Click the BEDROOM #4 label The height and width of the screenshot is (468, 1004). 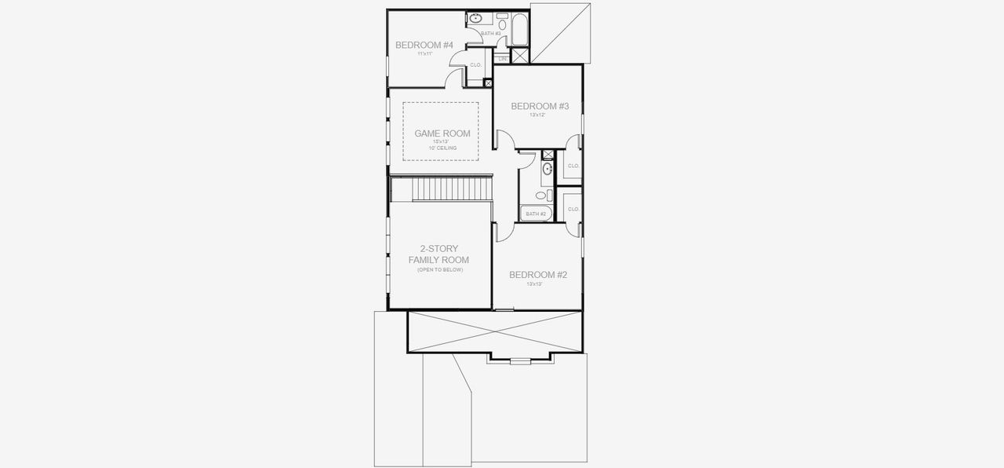(424, 45)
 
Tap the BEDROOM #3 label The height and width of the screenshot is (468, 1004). (540, 106)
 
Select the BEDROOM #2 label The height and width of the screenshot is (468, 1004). (538, 275)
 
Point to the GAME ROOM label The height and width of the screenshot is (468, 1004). (442, 133)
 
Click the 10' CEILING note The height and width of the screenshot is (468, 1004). (442, 148)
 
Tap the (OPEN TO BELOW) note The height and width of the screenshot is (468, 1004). (440, 270)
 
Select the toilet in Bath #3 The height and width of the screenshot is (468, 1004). (502, 24)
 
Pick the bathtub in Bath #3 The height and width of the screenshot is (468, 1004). (519, 31)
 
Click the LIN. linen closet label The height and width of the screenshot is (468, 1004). (502, 59)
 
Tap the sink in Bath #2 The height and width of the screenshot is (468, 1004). (547, 168)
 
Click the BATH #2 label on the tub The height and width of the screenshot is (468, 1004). (536, 214)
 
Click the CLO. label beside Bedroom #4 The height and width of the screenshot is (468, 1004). (475, 65)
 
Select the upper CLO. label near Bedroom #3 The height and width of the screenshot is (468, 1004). (573, 166)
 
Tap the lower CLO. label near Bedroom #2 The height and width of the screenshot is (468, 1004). (573, 209)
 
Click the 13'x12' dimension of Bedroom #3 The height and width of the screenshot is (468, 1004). (537, 115)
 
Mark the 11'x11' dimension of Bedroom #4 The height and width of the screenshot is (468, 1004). (425, 54)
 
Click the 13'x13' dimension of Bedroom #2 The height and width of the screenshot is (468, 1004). (535, 284)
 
